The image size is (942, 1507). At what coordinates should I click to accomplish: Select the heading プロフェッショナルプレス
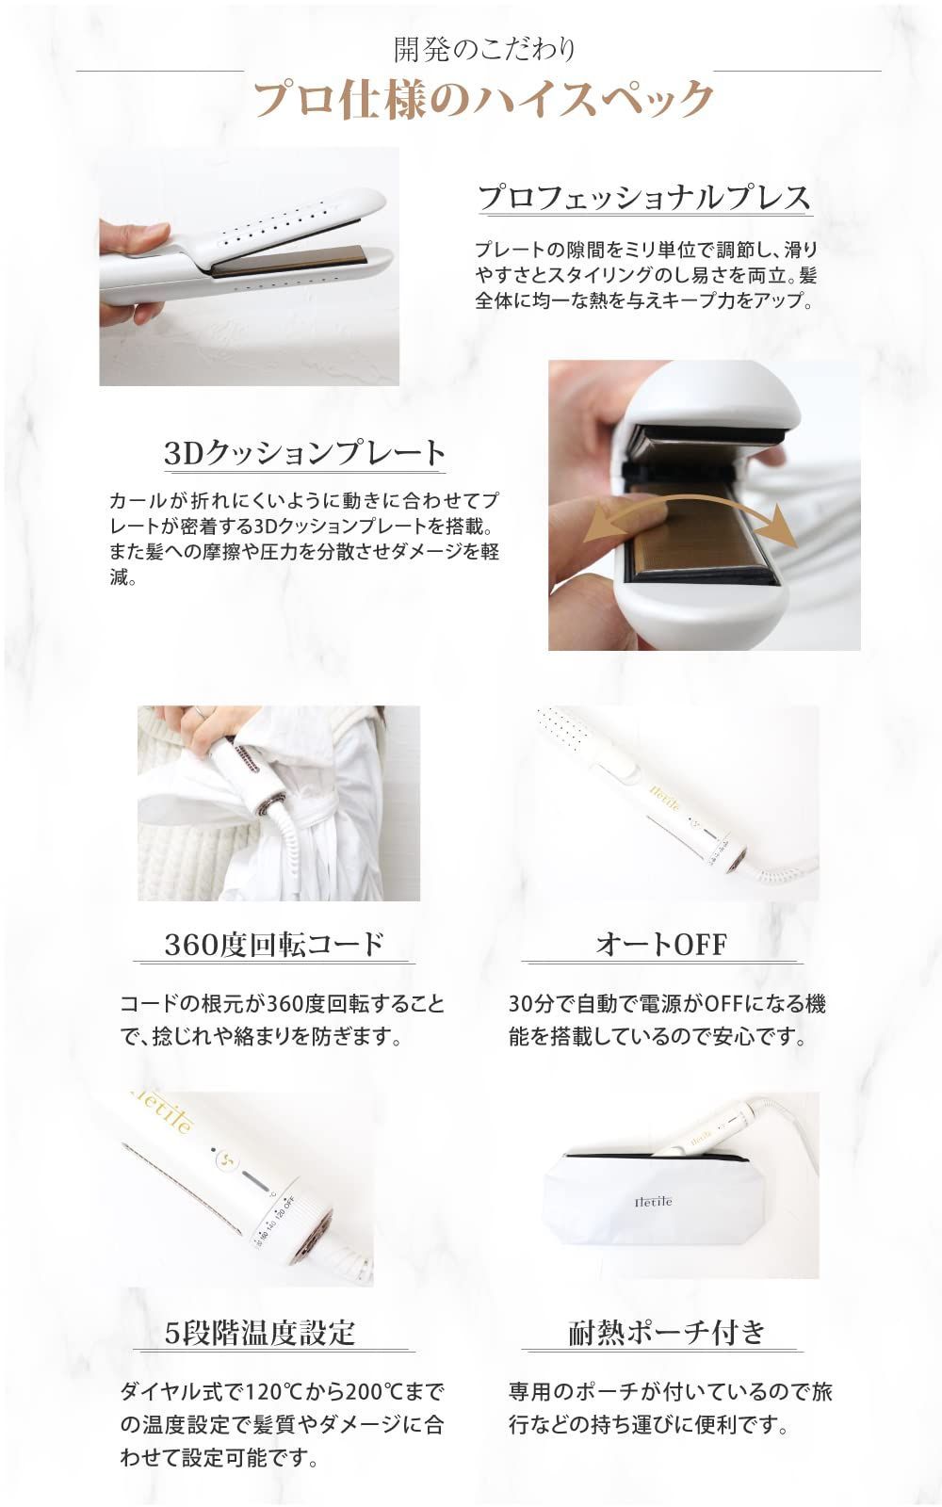click(x=644, y=197)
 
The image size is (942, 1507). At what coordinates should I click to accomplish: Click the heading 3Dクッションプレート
click(x=304, y=453)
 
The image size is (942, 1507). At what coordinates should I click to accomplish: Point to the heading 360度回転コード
click(x=274, y=943)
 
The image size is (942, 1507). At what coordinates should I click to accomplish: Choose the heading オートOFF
click(x=661, y=943)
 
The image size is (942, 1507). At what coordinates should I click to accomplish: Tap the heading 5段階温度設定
click(x=260, y=1332)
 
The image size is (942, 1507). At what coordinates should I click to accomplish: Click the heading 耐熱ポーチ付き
click(x=668, y=1332)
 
